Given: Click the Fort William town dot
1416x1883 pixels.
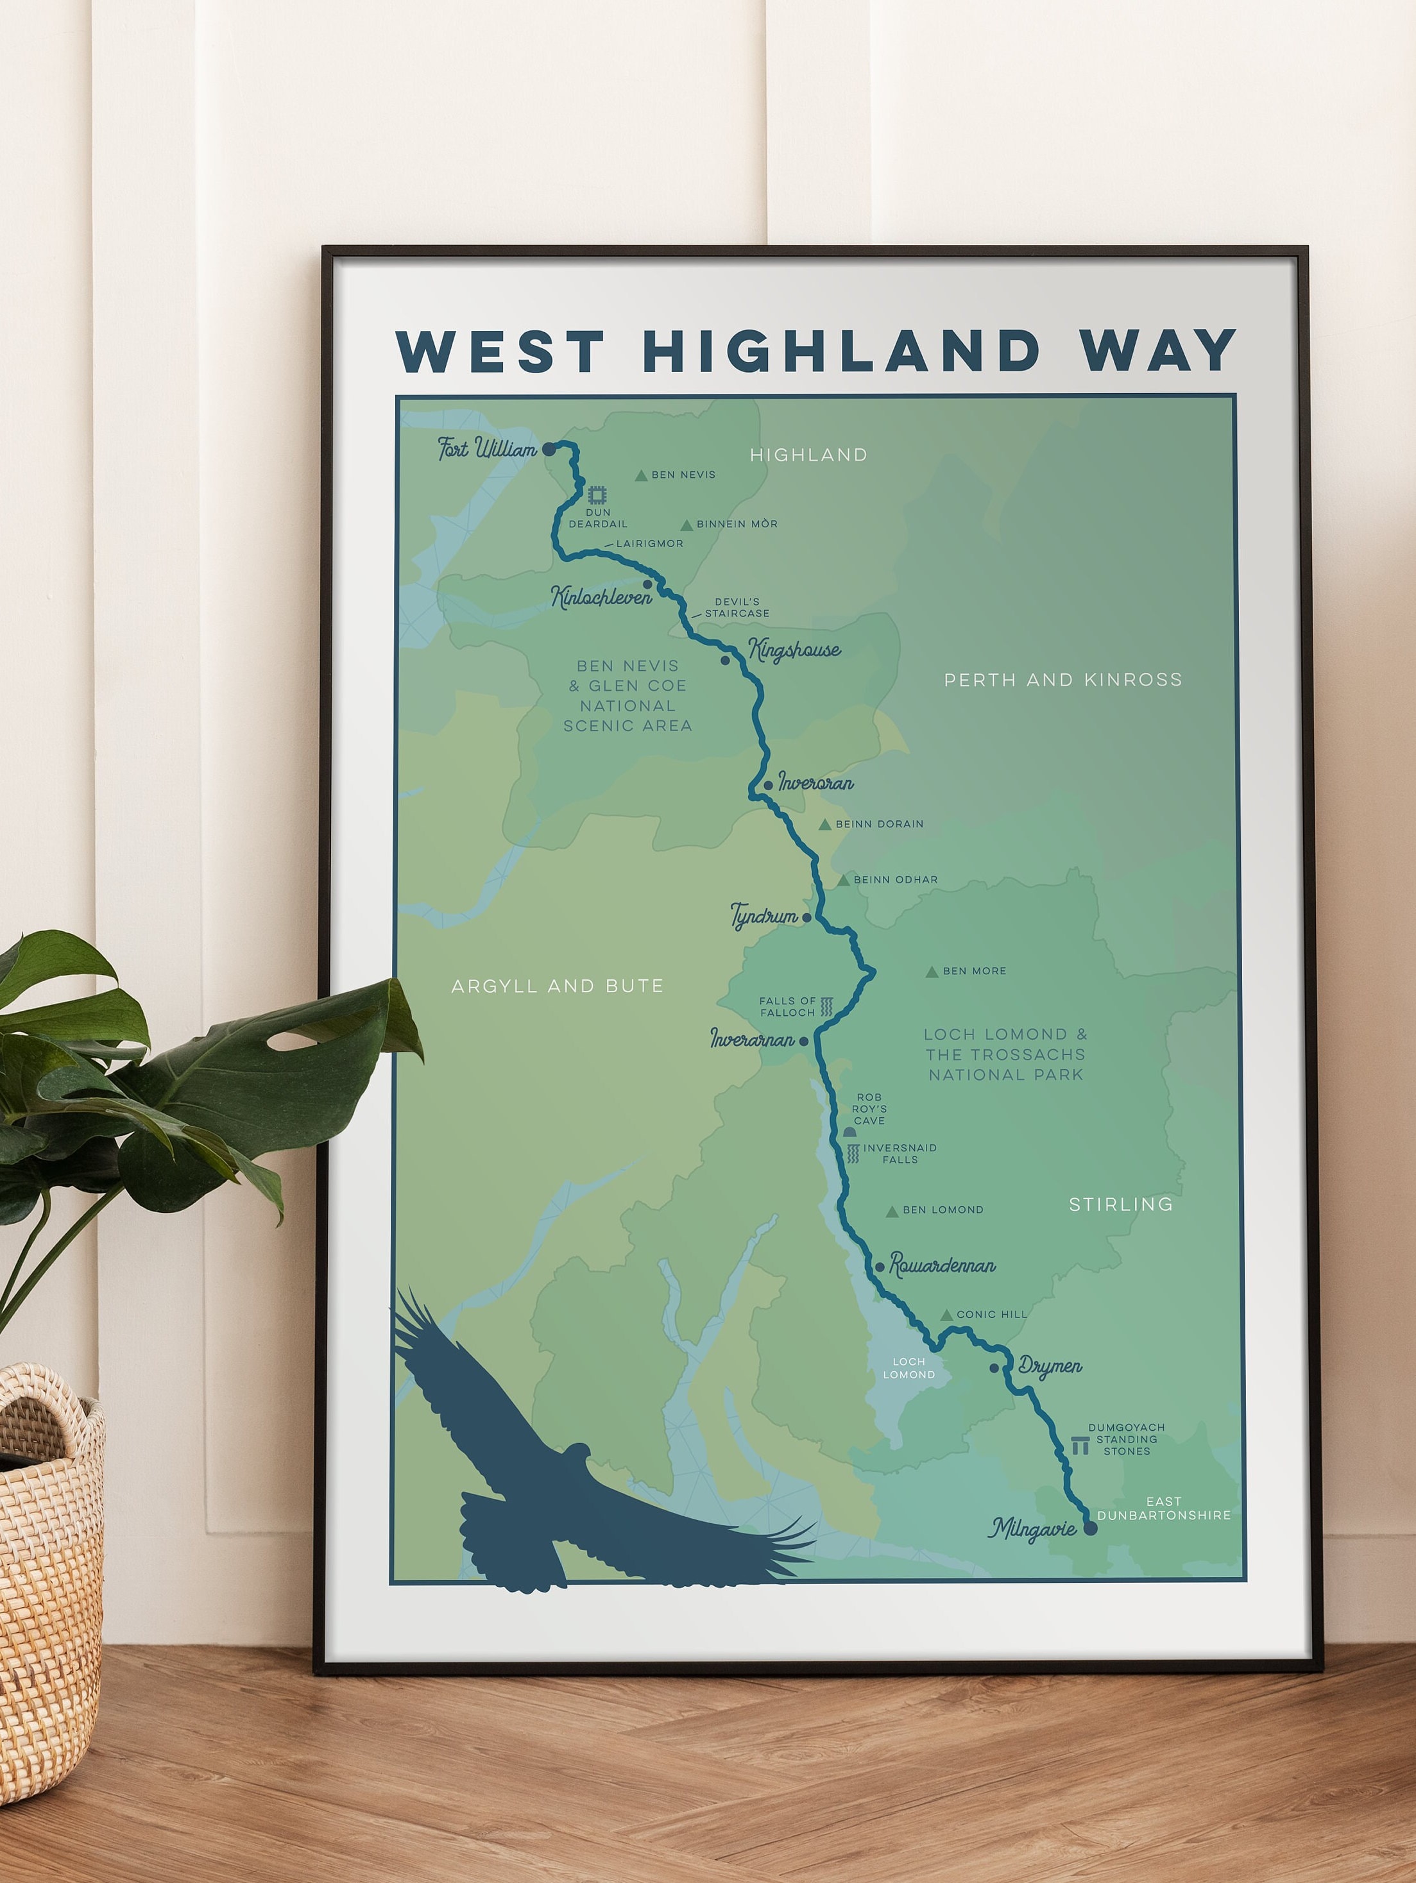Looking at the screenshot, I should [x=549, y=448].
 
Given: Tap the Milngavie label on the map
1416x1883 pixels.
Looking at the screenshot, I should [x=1032, y=1529].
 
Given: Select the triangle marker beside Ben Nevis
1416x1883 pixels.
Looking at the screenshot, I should [x=641, y=476].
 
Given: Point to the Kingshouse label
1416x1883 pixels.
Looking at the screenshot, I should [x=794, y=650].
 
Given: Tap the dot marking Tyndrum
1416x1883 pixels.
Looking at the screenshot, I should [x=807, y=918].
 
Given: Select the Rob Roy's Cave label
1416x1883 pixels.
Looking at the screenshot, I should [x=869, y=1108].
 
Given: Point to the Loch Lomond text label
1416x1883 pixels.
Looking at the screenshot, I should [x=908, y=1368].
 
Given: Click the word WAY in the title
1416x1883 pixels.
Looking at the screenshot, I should [x=1158, y=351].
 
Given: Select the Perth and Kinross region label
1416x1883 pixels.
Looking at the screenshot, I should [x=1062, y=679].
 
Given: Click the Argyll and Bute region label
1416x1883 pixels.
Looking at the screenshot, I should [x=557, y=986].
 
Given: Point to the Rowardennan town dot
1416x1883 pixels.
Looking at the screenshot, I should [x=880, y=1267].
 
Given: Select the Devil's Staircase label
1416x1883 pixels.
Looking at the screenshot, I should [x=737, y=607].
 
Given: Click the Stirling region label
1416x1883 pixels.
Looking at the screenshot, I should [x=1120, y=1204].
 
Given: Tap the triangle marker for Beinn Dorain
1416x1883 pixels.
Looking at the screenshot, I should [x=824, y=825].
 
